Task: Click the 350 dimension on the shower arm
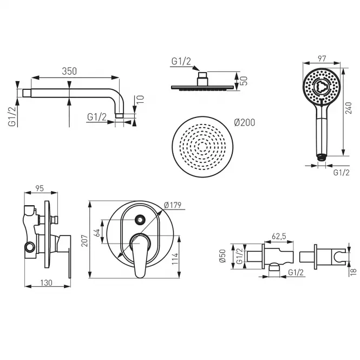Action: tap(69, 71)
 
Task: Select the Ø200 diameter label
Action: tap(245, 122)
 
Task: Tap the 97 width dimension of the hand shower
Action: tap(322, 59)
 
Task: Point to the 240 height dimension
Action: tap(348, 108)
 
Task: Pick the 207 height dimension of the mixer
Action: tap(84, 240)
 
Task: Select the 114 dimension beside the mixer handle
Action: tap(175, 259)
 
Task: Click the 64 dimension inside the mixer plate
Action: tap(97, 233)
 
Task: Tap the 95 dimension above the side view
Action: tap(40, 188)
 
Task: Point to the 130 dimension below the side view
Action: tap(47, 283)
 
